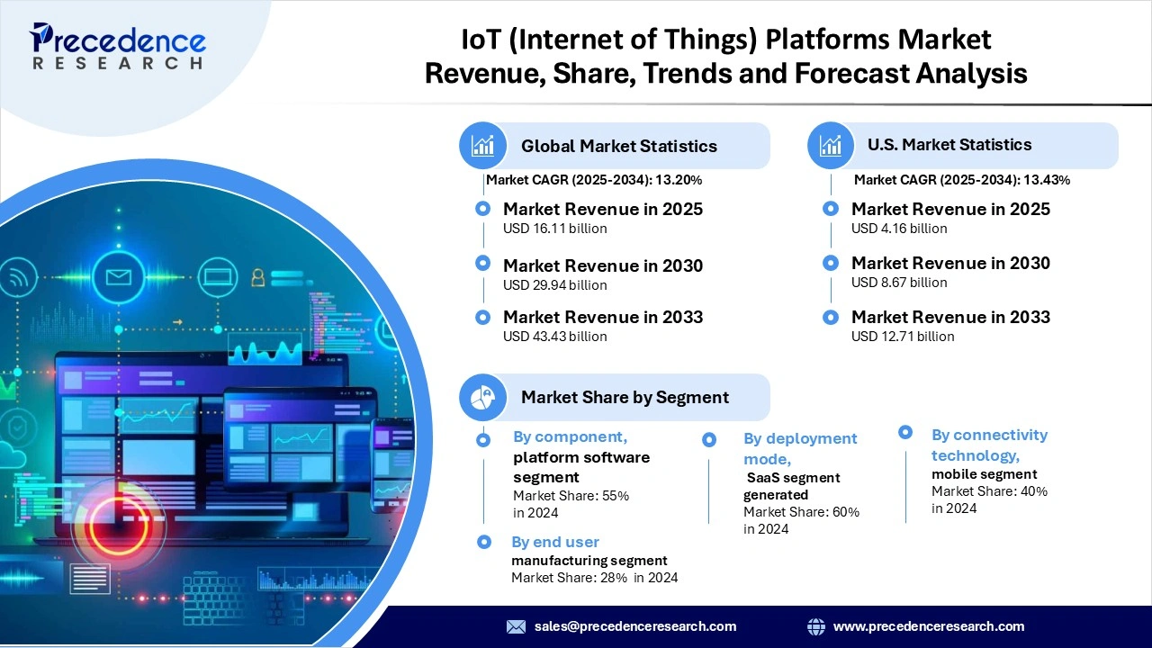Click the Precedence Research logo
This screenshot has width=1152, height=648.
[x=117, y=47]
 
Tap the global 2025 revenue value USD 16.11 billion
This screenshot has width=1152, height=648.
[x=554, y=229]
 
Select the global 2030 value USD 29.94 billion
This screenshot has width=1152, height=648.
[x=554, y=285]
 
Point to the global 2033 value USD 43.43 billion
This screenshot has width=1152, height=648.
[x=554, y=337]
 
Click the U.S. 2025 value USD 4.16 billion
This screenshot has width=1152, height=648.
[x=899, y=229]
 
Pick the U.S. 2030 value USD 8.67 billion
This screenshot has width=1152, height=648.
[x=899, y=283]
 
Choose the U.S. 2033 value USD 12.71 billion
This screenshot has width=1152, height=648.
[x=903, y=337]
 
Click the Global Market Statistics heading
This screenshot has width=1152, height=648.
[x=618, y=146]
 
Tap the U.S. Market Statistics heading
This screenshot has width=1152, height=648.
[x=949, y=145]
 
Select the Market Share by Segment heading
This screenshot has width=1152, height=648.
[x=625, y=397]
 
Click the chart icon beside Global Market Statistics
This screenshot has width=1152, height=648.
[x=483, y=145]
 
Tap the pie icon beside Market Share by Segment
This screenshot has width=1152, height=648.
[x=483, y=397]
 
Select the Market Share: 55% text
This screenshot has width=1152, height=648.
[x=571, y=496]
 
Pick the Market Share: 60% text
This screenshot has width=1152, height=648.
[x=801, y=512]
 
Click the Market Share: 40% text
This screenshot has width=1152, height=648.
[x=989, y=491]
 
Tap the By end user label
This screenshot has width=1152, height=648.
[x=554, y=542]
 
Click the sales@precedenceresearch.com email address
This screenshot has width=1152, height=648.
[x=634, y=626]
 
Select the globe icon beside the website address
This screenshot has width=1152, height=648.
[x=816, y=626]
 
